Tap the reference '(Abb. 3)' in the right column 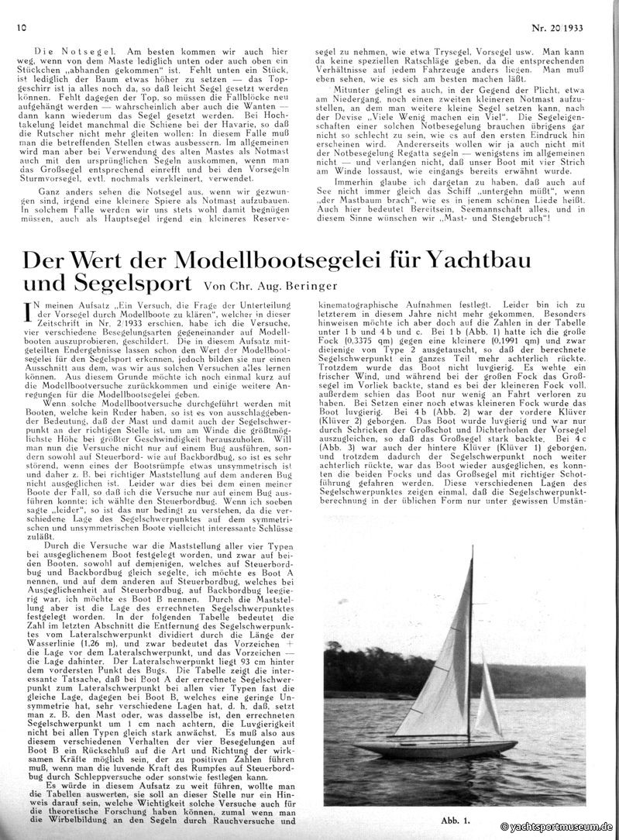(334, 446)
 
